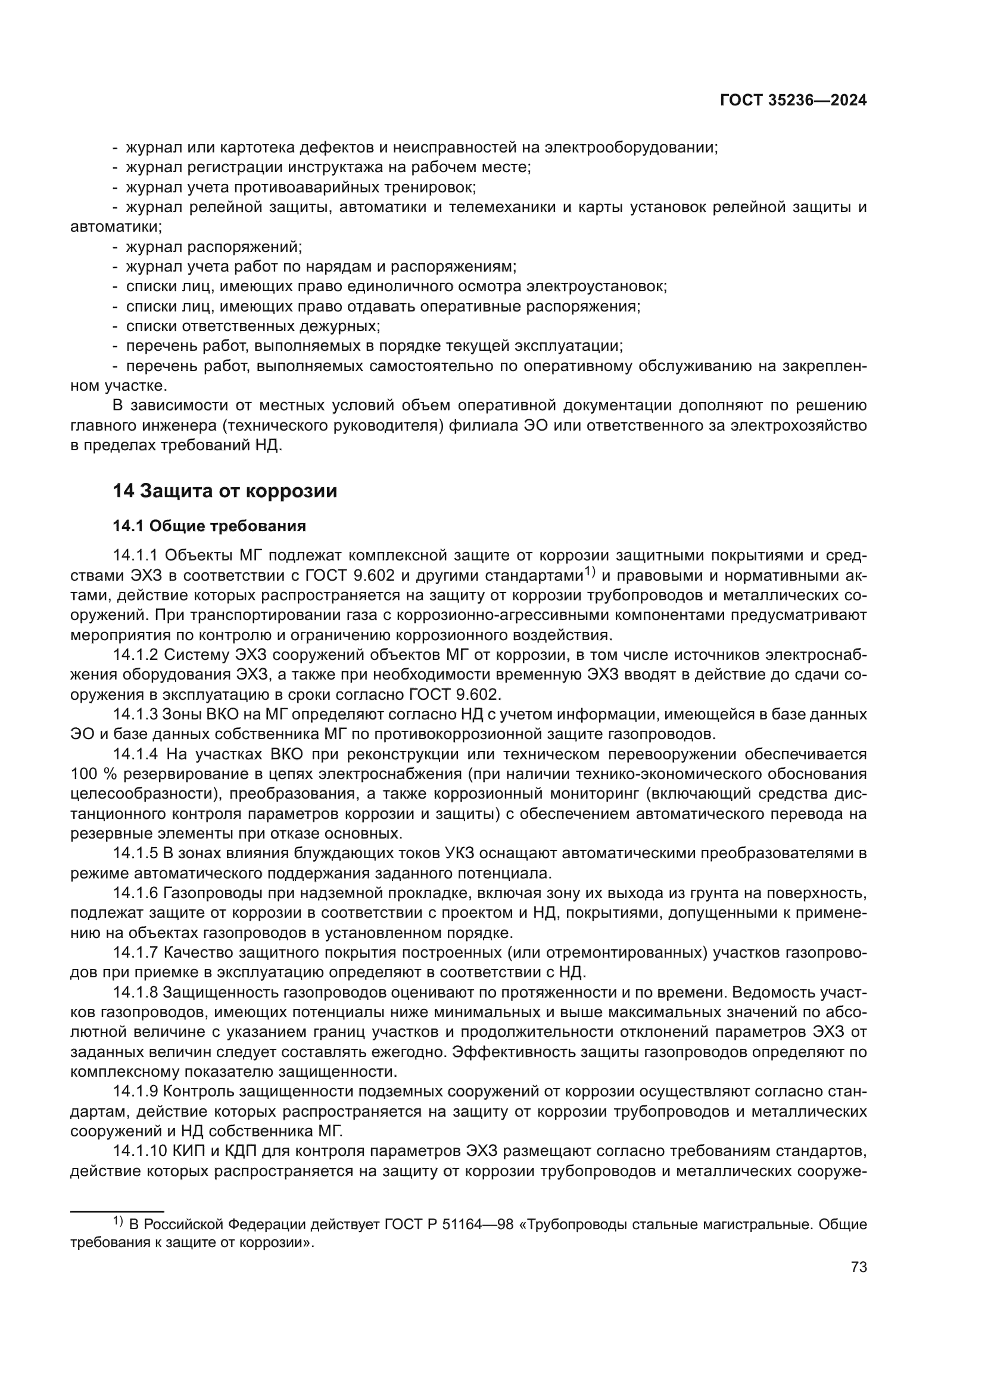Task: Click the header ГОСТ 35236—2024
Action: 793,101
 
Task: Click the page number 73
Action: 858,1267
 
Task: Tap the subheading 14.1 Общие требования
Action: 209,526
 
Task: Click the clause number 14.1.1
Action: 135,555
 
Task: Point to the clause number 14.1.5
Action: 135,853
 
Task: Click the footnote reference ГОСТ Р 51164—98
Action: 450,1224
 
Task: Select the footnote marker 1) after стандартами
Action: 591,572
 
